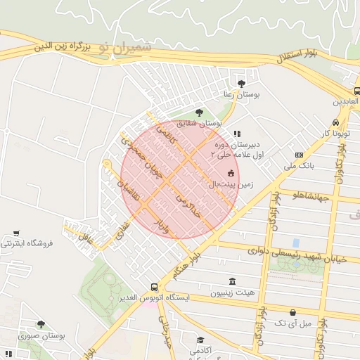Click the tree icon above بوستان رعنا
(x=242, y=84)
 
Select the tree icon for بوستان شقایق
(x=199, y=112)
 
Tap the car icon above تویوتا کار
(x=344, y=121)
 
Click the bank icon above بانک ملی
(x=300, y=155)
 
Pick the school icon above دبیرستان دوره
(x=237, y=133)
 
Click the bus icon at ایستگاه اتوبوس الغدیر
(x=154, y=287)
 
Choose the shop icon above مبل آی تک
(x=292, y=312)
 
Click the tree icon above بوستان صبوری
(x=41, y=324)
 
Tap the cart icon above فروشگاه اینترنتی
(x=16, y=233)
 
